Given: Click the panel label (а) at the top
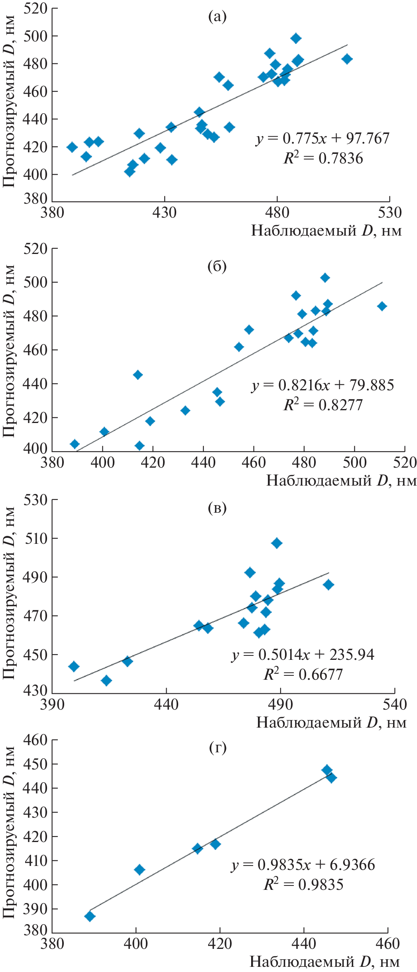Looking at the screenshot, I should point(217,17).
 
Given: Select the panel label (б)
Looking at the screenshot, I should point(217,266).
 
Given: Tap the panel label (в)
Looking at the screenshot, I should point(217,508).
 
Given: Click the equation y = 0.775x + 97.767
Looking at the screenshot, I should point(323,138).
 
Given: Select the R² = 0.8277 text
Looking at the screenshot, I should point(323,405).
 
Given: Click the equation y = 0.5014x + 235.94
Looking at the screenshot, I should point(303,655).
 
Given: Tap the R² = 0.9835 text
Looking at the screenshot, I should point(303,885).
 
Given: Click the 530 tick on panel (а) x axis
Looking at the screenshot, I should point(389,213).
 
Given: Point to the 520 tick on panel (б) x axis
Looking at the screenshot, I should point(405,462).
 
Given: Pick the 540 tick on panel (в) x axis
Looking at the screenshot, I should point(395,704).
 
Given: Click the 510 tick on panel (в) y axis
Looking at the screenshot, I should point(35,538).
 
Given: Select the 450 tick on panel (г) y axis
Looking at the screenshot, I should point(35,764).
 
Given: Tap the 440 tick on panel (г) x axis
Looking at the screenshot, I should point(304,944).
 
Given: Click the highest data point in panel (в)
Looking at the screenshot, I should point(277,543).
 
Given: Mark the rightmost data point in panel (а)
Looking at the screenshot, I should point(347,59).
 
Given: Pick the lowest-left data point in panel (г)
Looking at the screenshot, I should point(90,917).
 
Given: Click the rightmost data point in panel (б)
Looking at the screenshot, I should point(382,306).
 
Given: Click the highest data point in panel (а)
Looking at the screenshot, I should point(296,38).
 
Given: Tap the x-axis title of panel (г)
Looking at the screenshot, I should point(325,962).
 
